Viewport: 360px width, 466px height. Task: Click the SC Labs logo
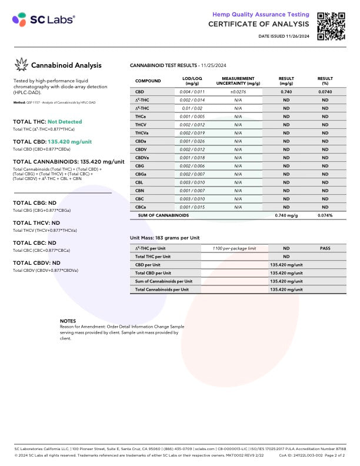tap(44, 19)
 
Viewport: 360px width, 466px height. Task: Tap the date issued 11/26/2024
tap(284, 36)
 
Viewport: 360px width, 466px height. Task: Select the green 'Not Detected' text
tap(64, 122)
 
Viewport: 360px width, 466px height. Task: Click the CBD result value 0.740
tap(286, 92)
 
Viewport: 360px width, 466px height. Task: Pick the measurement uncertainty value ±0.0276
tap(238, 92)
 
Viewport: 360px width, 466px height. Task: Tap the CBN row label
tap(140, 191)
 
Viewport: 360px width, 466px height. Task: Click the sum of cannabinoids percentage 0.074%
tap(325, 216)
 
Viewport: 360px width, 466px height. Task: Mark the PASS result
tap(325, 248)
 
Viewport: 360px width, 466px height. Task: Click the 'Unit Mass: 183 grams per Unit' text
tap(165, 238)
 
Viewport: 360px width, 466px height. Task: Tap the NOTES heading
tap(68, 321)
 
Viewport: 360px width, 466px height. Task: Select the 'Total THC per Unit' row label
tap(153, 257)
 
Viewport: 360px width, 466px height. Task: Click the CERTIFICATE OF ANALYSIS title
tap(258, 24)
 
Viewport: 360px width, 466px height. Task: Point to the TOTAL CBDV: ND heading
tap(36, 263)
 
